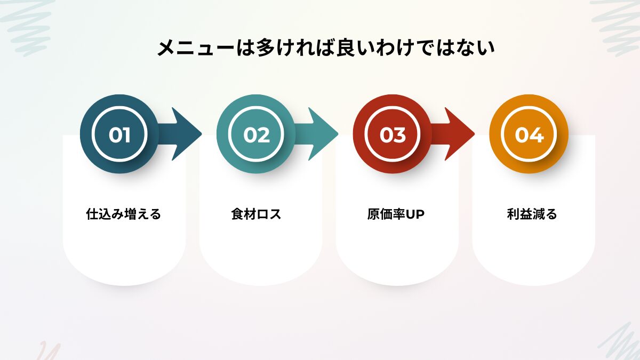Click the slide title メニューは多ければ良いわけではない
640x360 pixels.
pos(326,48)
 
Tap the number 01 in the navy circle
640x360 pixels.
pos(119,135)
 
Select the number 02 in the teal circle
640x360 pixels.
pos(257,135)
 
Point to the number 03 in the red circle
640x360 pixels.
pos(393,135)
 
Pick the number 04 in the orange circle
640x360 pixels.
pos(529,135)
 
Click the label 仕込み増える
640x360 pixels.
pos(124,214)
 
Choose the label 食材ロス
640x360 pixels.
pos(256,214)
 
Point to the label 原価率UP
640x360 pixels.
pos(395,214)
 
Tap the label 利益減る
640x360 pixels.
pos(532,214)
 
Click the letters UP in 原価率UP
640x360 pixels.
pos(415,214)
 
